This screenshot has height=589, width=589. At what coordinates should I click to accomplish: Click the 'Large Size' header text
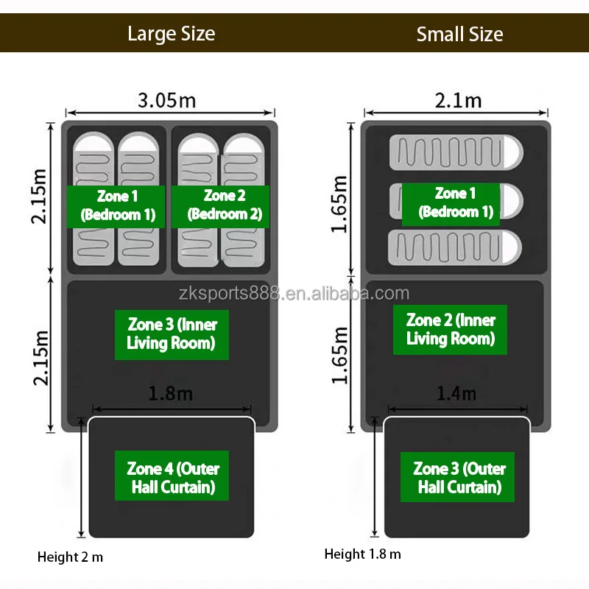tap(171, 34)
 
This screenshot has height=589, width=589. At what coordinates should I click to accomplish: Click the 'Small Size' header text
tap(459, 34)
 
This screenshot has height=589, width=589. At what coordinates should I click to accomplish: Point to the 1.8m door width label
tap(171, 393)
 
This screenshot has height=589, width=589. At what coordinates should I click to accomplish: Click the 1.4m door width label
tap(456, 393)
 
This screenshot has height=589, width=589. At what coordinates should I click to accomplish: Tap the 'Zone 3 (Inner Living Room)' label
tap(172, 333)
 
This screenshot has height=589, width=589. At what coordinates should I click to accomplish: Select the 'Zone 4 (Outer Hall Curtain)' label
tap(172, 477)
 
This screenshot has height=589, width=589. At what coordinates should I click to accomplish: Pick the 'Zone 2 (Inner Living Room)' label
tap(451, 329)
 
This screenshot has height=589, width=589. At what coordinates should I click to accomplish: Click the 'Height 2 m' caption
tap(71, 557)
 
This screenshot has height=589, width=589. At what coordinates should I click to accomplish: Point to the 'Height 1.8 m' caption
tap(363, 554)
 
